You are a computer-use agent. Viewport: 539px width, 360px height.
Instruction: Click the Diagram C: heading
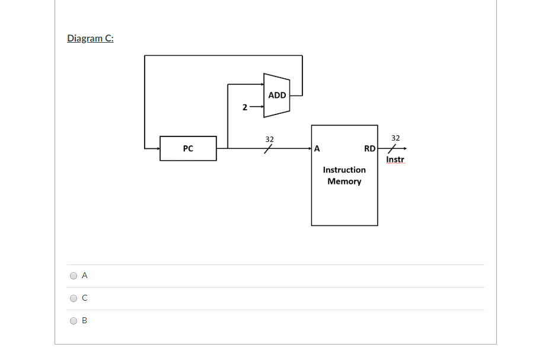(90, 39)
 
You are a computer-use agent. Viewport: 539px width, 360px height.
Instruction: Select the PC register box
(188, 148)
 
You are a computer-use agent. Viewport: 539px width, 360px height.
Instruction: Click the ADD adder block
(277, 95)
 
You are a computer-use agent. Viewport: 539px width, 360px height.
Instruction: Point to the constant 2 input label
(244, 107)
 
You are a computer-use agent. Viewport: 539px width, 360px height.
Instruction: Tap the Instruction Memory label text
(344, 176)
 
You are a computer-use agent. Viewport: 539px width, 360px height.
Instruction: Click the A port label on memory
(317, 149)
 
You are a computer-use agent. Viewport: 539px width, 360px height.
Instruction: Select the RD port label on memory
(369, 149)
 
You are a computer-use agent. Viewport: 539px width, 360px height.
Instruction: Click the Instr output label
(395, 160)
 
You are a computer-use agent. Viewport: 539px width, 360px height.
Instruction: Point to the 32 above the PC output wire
(269, 139)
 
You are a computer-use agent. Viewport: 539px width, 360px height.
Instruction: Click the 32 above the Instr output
(396, 138)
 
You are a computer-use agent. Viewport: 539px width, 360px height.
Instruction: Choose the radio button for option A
(74, 276)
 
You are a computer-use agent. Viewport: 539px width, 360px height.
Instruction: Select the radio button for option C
(74, 298)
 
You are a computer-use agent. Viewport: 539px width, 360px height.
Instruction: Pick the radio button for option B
(74, 321)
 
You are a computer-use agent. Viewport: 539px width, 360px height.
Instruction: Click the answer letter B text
(84, 321)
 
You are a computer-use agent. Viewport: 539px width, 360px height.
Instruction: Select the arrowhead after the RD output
(404, 148)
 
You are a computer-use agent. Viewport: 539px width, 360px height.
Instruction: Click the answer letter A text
(85, 276)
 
